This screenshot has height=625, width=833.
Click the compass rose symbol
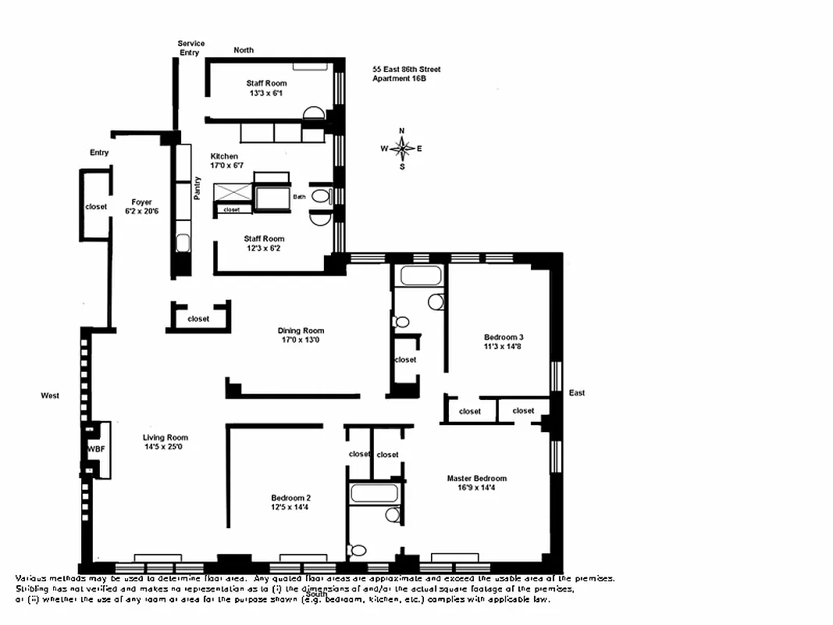click(x=402, y=148)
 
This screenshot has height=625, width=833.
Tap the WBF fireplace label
click(x=95, y=448)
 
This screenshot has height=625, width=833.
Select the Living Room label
click(x=166, y=437)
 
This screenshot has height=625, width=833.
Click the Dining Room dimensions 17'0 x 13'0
click(x=301, y=340)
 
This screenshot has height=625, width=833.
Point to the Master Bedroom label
click(x=476, y=478)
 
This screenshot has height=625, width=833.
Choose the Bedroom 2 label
click(x=291, y=498)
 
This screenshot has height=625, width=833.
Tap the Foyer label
click(x=141, y=202)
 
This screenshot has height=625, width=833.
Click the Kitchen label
click(x=225, y=156)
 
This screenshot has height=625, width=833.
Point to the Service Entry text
click(x=190, y=48)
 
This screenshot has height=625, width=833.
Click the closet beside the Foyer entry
click(x=96, y=207)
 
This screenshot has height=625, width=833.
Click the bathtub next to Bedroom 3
click(x=420, y=276)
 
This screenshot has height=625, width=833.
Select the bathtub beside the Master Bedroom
click(x=375, y=493)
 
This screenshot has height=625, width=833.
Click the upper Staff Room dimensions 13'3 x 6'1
click(x=266, y=93)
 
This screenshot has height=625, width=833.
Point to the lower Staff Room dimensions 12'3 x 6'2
click(x=264, y=248)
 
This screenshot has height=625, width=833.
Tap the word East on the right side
click(x=577, y=393)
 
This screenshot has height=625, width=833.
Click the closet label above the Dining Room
click(x=198, y=319)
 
